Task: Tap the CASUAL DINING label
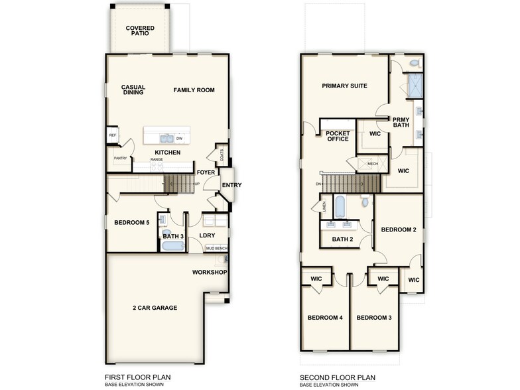point(133,90)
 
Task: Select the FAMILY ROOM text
point(194,90)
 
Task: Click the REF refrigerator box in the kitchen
point(112,135)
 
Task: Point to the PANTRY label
point(120,159)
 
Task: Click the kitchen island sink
point(166,139)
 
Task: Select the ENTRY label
point(231,185)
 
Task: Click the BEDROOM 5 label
point(131,223)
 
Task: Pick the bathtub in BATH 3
point(173,246)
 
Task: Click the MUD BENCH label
point(216,248)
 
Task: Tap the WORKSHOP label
point(210,273)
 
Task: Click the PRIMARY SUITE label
point(345,86)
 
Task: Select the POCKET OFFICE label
point(337,136)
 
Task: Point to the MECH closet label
point(372,163)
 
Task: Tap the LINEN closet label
point(324,208)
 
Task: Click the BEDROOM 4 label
point(324,318)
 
